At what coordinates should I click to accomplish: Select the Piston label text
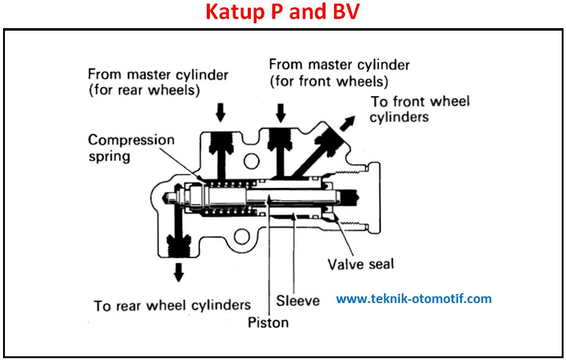(268, 322)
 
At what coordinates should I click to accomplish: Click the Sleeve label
(298, 301)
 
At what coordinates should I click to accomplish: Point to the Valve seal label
(360, 264)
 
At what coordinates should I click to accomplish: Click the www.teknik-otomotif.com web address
(414, 299)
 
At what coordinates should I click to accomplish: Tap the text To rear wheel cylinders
(172, 305)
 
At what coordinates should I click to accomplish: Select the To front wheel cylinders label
(420, 108)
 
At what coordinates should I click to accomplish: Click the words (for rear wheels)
(144, 90)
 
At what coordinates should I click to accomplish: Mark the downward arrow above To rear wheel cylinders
(178, 271)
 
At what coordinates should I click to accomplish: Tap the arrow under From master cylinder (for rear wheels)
(221, 113)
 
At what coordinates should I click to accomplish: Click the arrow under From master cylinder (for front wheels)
(281, 113)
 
